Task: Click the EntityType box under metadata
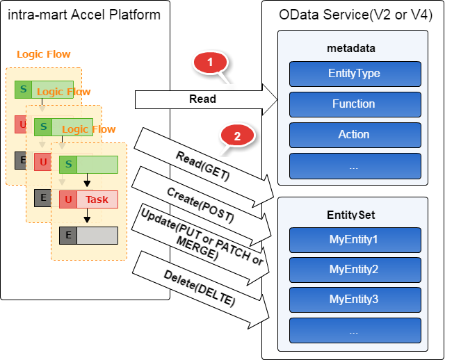click(x=355, y=74)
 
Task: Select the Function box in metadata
click(x=355, y=104)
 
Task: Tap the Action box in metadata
click(x=355, y=135)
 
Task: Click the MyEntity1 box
click(x=355, y=240)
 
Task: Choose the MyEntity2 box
click(x=355, y=269)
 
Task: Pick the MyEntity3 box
click(x=355, y=300)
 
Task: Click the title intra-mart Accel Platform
click(x=84, y=14)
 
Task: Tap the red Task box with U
click(x=88, y=200)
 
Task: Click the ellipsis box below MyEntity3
click(x=355, y=330)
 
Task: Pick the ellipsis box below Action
click(x=355, y=165)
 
